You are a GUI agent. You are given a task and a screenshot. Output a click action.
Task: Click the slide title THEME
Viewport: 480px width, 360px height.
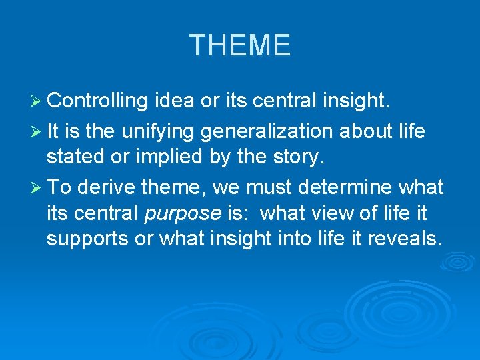(x=240, y=45)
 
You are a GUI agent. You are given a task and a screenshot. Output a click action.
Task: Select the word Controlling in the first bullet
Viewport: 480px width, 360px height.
(x=97, y=101)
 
